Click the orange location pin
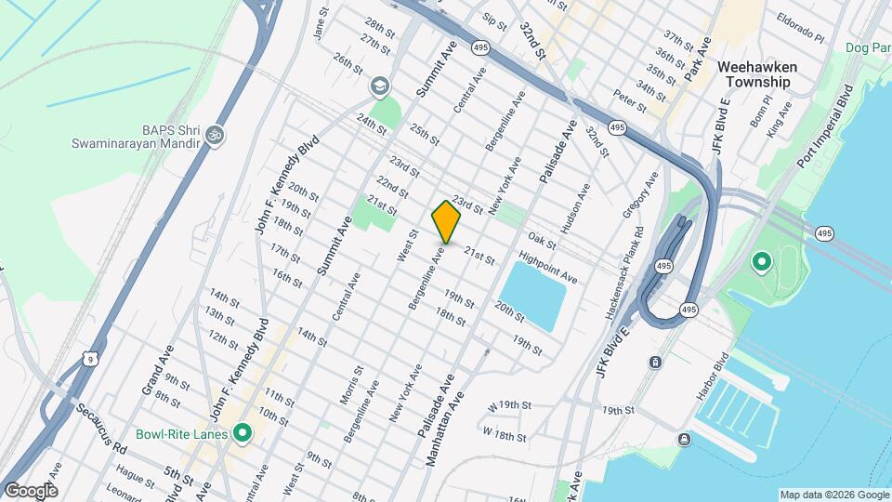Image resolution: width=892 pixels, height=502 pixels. pyautogui.click(x=446, y=221)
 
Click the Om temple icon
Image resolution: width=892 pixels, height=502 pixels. pyautogui.click(x=216, y=135)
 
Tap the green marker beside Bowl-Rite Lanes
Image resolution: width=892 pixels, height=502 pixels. pyautogui.click(x=243, y=433)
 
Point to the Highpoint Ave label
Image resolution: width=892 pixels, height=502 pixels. pyautogui.click(x=548, y=267)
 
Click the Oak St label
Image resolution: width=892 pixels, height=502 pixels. pyautogui.click(x=544, y=241)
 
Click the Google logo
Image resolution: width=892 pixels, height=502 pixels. pyautogui.click(x=31, y=490)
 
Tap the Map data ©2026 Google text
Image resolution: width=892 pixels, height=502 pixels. pyautogui.click(x=833, y=495)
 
